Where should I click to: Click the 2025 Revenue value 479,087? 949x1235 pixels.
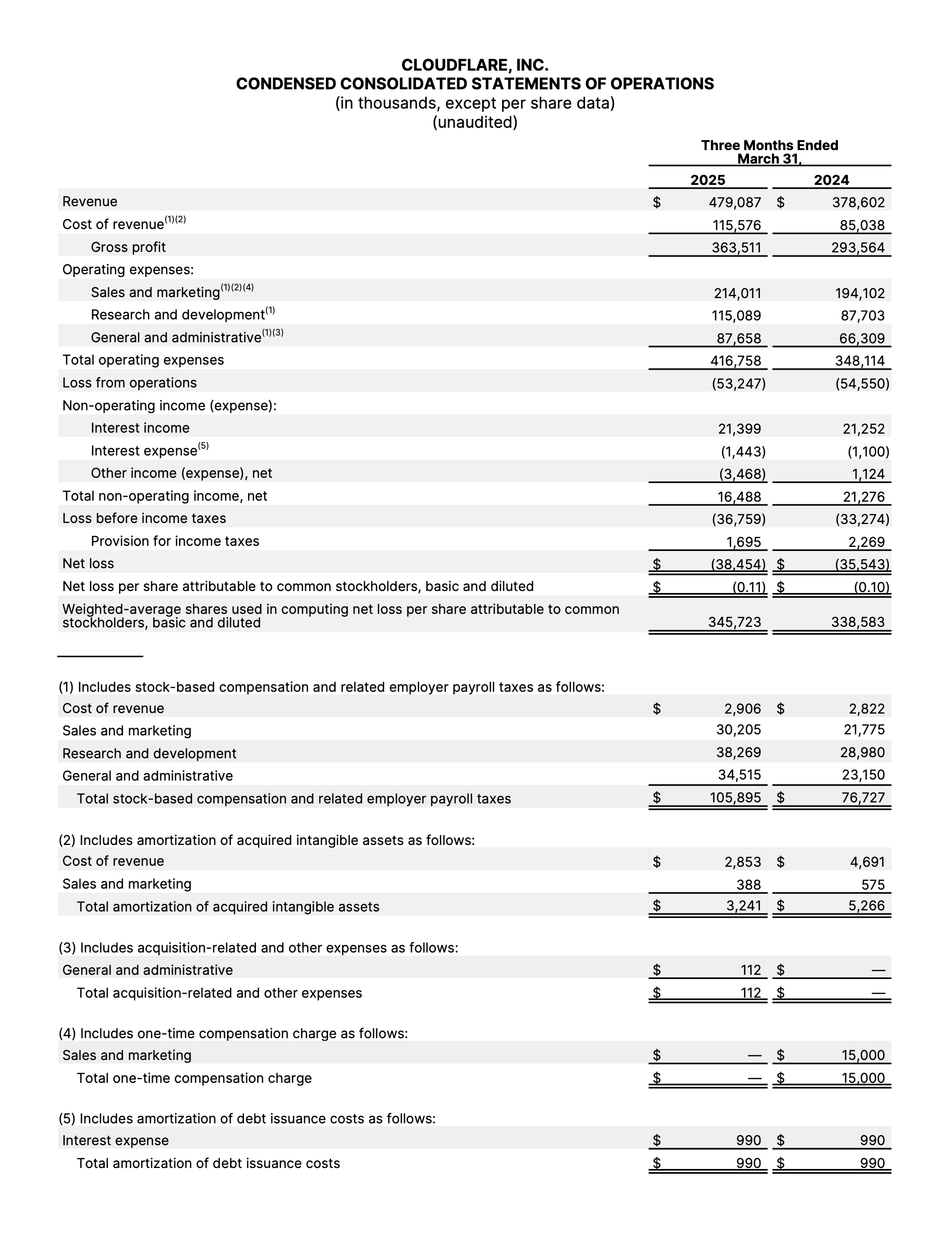735,202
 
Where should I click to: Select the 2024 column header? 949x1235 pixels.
831,180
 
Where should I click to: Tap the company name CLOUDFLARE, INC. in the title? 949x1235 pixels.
475,65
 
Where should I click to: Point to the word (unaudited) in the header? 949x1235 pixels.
475,122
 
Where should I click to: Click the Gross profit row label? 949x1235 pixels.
128,247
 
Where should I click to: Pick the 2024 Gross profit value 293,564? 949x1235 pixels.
858,247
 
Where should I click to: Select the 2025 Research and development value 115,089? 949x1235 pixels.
736,315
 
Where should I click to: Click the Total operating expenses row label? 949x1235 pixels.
143,360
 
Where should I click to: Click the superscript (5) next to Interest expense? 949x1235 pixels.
204,446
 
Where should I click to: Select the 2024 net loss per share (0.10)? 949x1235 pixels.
871,587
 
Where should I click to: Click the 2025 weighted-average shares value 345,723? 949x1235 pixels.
735,622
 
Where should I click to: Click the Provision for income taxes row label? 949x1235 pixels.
175,541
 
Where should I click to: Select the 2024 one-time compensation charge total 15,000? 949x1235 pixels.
863,1078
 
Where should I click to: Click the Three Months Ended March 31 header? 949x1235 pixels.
769,152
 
